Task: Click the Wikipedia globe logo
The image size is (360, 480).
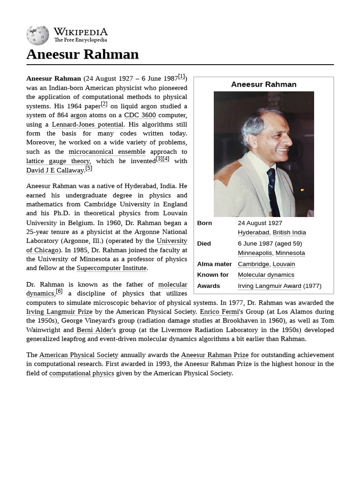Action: [x=37, y=35]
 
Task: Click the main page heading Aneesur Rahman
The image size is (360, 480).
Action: [x=82, y=54]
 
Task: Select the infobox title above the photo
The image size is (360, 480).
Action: [x=263, y=84]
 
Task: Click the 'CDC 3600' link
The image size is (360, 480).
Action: [x=140, y=115]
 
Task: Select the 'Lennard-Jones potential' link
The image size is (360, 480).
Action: [x=88, y=125]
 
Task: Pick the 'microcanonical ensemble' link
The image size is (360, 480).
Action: [x=107, y=152]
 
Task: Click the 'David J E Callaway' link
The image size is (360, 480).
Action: [x=55, y=170]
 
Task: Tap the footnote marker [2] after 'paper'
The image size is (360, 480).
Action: [x=104, y=104]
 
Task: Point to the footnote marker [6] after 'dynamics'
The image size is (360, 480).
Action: [x=59, y=291]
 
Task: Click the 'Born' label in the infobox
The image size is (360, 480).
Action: [x=204, y=223]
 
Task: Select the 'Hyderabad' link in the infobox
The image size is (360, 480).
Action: [x=253, y=232]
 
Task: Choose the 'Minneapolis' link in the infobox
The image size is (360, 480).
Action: [x=255, y=253]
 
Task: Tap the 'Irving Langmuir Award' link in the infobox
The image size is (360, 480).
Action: [x=269, y=286]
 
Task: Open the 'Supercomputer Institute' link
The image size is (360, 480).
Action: [x=112, y=268]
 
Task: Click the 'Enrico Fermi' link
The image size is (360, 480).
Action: [x=219, y=312]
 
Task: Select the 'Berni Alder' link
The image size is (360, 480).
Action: [x=94, y=330]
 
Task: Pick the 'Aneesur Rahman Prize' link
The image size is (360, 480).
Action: [x=215, y=355]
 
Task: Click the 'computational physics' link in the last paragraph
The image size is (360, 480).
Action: [x=82, y=373]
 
